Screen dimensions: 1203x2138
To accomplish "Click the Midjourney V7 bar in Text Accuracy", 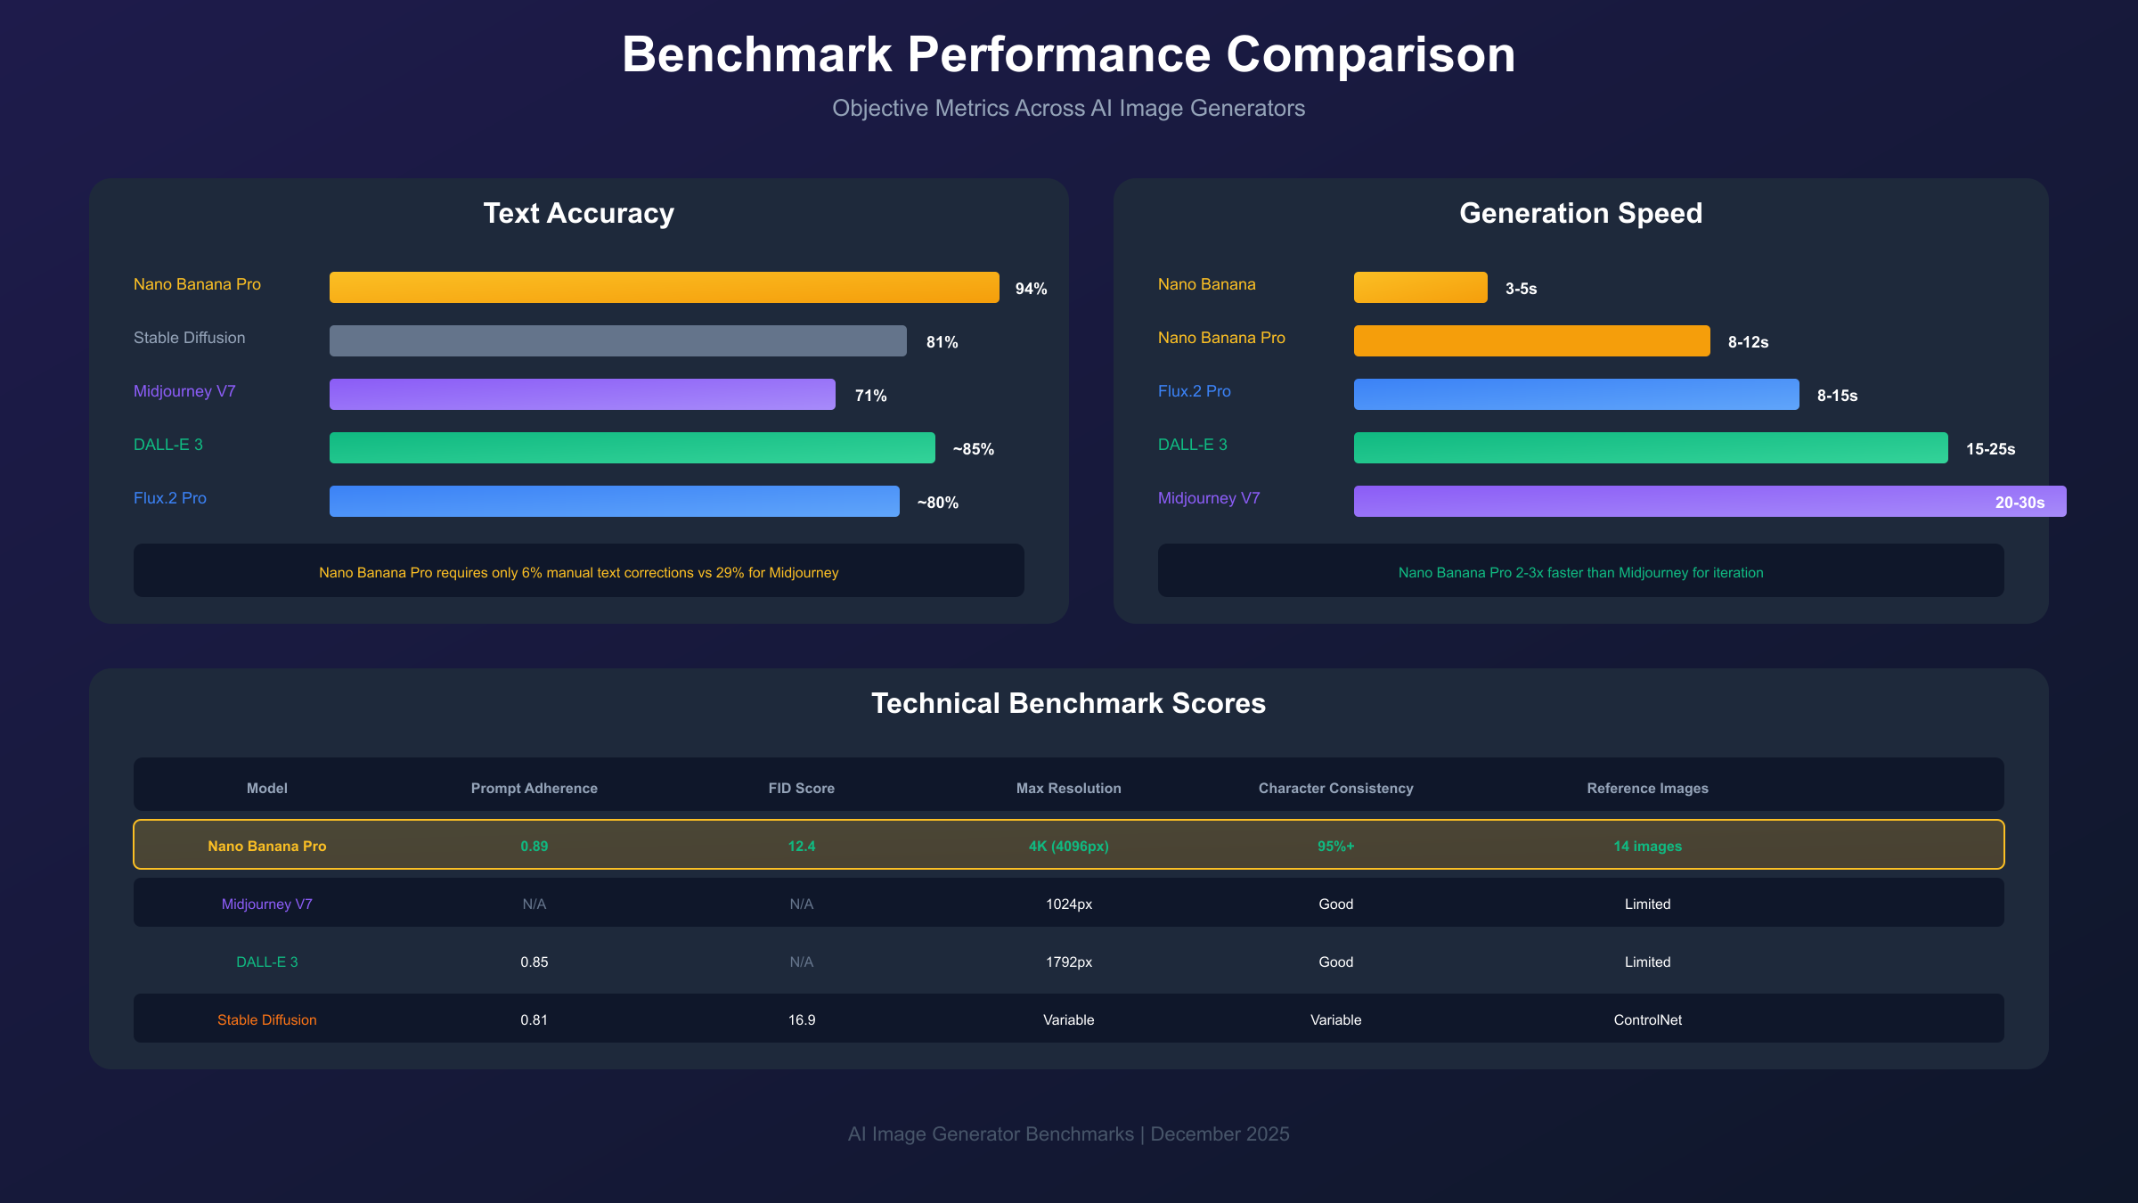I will [x=582, y=394].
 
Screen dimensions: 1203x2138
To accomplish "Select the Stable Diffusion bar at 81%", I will [x=617, y=340].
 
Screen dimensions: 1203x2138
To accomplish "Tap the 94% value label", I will [x=1031, y=289].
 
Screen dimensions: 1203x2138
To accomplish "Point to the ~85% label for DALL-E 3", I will [x=973, y=449].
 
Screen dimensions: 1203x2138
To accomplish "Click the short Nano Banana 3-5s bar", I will [x=1420, y=287].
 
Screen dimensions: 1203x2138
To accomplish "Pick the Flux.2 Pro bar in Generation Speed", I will [x=1576, y=394].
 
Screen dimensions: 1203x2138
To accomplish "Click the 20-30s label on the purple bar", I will [x=2019, y=503].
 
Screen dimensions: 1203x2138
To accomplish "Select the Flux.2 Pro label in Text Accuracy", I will [x=170, y=498].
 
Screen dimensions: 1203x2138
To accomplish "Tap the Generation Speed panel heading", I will [x=1580, y=214].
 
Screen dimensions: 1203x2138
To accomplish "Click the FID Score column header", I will [x=801, y=789].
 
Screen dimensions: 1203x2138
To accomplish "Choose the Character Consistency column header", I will [x=1335, y=789].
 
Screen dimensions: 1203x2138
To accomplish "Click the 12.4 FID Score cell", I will [x=801, y=846].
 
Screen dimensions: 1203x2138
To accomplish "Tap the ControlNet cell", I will [x=1647, y=1019].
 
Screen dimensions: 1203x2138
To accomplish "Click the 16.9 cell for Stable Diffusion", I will [x=801, y=1019].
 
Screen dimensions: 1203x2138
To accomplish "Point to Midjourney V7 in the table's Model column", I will [x=266, y=904].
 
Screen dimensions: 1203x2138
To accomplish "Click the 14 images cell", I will [x=1647, y=846].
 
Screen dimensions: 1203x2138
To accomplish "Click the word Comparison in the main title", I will [x=1370, y=55].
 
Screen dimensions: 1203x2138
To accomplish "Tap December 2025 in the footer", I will [x=1220, y=1133].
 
